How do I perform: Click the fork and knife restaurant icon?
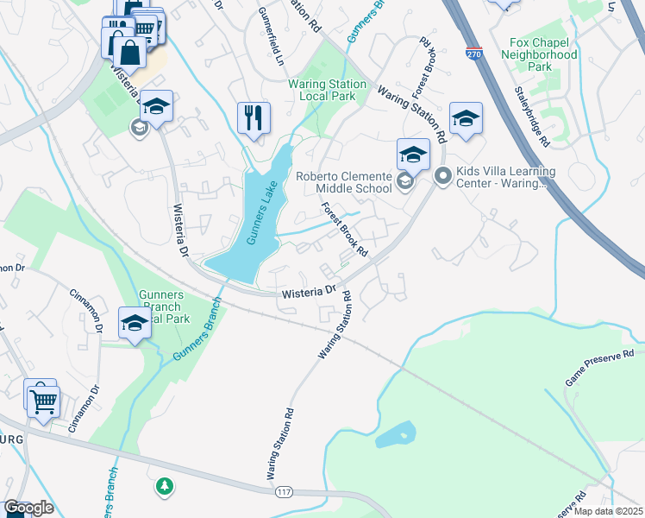(254, 117)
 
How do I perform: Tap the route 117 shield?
(284, 492)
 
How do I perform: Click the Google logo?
(28, 508)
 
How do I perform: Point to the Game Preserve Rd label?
(599, 368)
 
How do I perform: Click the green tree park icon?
(164, 487)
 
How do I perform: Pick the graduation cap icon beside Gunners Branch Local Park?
(135, 324)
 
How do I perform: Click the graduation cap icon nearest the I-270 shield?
(466, 119)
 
